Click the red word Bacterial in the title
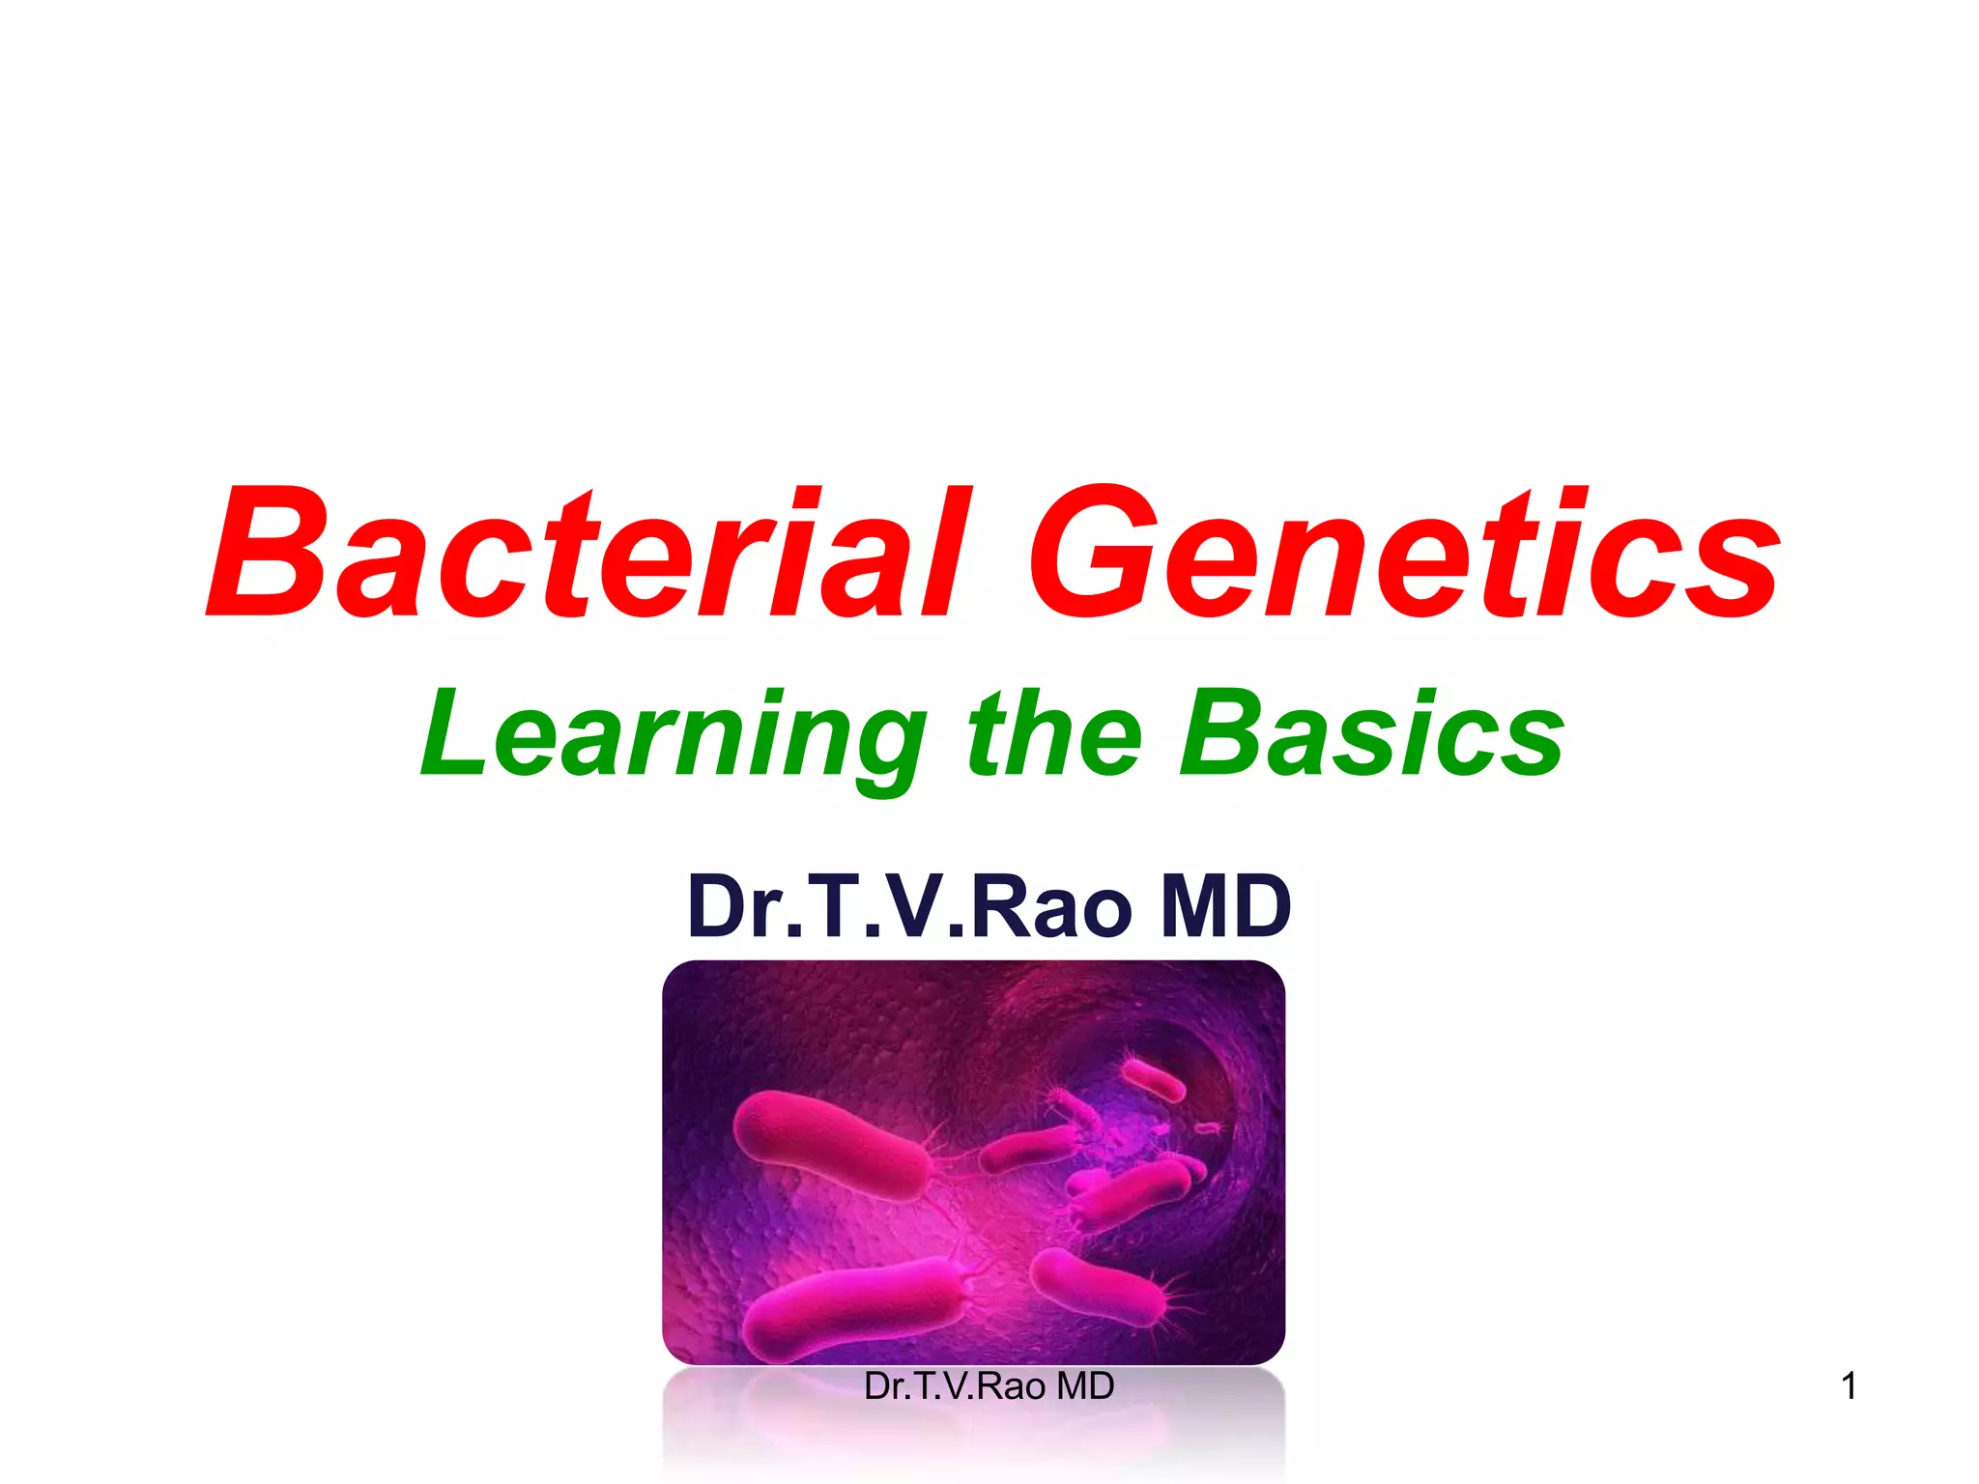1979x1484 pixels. (585, 553)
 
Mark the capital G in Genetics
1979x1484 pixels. (1092, 553)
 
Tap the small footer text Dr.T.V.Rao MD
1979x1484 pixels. (989, 1386)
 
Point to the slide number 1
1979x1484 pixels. (1849, 1386)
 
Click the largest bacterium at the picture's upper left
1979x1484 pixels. (831, 1145)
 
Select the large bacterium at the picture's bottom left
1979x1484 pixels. (855, 1304)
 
